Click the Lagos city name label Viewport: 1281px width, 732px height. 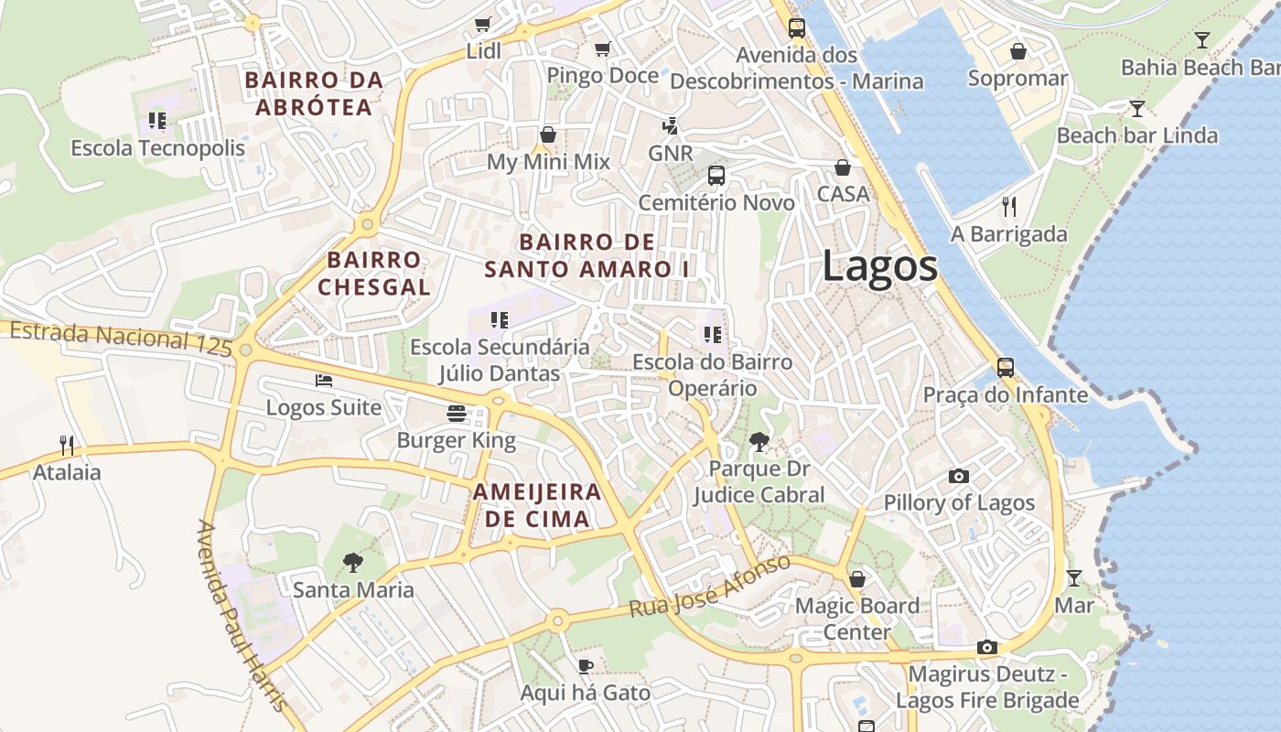pos(879,266)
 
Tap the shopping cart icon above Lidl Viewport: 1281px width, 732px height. pos(482,24)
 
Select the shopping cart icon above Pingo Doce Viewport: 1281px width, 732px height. pos(602,48)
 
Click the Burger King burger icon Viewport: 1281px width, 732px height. pos(457,414)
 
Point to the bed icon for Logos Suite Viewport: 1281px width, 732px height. pos(324,381)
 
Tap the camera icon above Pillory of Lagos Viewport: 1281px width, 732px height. pos(958,476)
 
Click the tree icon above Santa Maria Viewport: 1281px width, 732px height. pos(352,563)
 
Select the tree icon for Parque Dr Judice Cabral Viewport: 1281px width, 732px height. pos(759,442)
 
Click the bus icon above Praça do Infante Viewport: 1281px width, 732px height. pos(1006,368)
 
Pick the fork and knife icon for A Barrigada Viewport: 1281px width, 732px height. pos(1009,207)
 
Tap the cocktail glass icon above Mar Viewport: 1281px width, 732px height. pos(1074,578)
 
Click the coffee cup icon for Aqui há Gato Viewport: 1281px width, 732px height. pos(586,666)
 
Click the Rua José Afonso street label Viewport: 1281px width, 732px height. pos(709,587)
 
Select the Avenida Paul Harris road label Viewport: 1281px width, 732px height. pos(242,615)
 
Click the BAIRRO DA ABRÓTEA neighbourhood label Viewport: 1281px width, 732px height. pos(314,93)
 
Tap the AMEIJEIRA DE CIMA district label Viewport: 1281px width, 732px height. pos(536,505)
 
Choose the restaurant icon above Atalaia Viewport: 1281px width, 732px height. pos(67,446)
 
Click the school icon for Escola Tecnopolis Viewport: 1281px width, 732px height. pos(157,121)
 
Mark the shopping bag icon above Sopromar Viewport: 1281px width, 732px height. pos(1017,51)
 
